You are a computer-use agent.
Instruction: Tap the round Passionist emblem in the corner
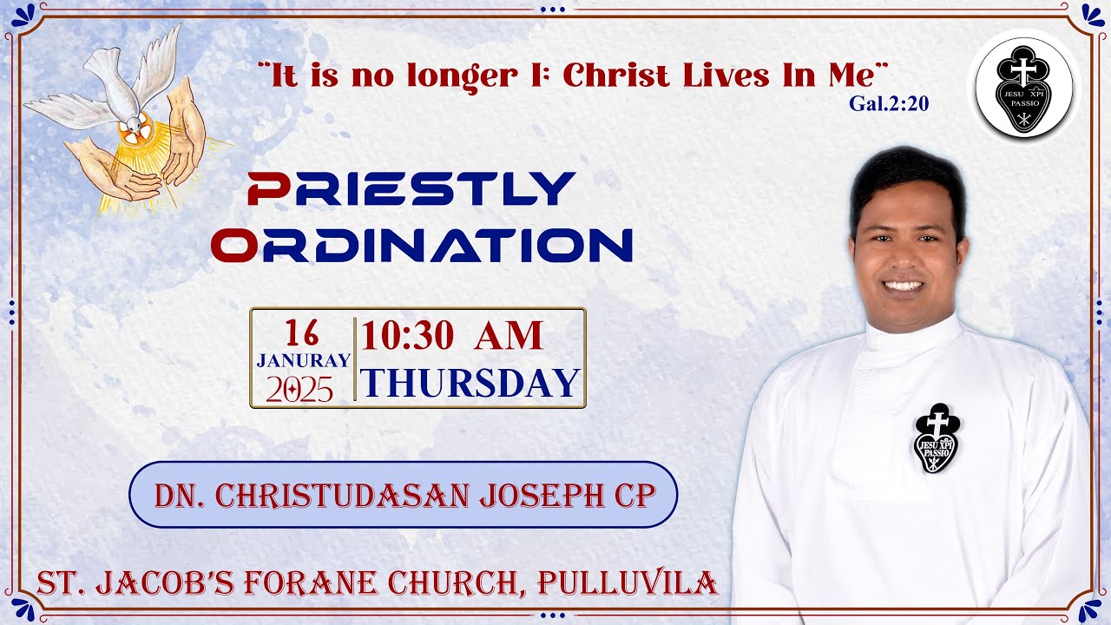(x=1024, y=89)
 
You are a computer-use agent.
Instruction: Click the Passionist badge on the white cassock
(x=937, y=437)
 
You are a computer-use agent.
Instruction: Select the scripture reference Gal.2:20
(x=889, y=104)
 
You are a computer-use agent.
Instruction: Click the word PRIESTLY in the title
(x=411, y=188)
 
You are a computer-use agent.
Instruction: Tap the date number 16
(x=300, y=333)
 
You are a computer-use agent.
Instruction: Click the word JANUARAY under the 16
(x=303, y=359)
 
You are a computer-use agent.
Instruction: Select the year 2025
(x=299, y=390)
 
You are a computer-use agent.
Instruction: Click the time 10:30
(x=407, y=336)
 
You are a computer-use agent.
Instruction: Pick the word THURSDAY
(x=470, y=383)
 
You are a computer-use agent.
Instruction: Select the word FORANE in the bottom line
(x=317, y=583)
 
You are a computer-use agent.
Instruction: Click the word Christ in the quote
(x=617, y=76)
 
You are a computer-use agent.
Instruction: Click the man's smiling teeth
(x=903, y=286)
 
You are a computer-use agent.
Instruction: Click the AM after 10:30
(x=509, y=336)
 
